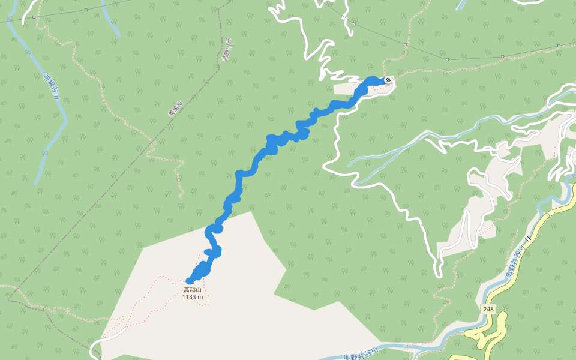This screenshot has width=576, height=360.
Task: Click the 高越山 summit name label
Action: pyautogui.click(x=193, y=290)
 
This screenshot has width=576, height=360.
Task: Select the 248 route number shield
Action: pyautogui.click(x=488, y=309)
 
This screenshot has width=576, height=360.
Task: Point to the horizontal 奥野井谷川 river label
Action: pyautogui.click(x=362, y=355)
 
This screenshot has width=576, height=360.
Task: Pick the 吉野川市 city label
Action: pyautogui.click(x=226, y=50)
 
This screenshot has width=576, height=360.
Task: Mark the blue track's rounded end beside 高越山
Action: pyautogui.click(x=190, y=280)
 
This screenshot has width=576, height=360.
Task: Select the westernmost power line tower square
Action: pyautogui.click(x=86, y=10)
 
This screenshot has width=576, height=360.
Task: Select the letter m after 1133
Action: pyautogui.click(x=200, y=296)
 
